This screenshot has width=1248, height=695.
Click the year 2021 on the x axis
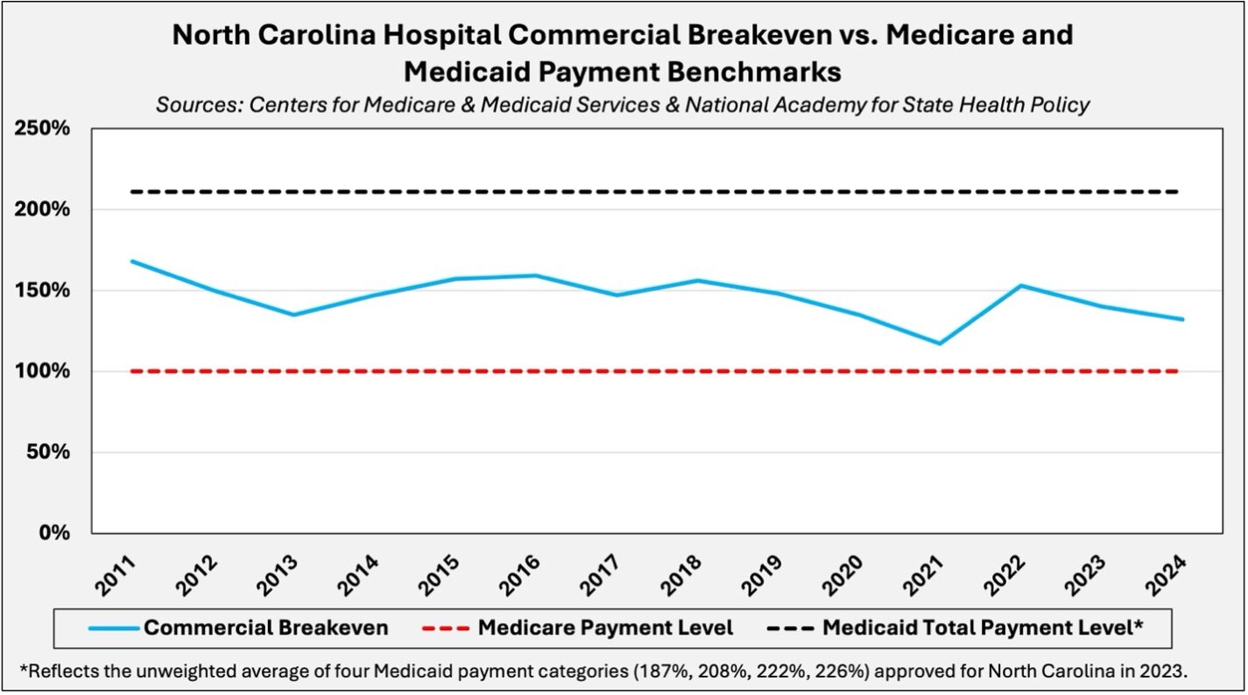click(925, 573)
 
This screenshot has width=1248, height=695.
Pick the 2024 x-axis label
click(1167, 573)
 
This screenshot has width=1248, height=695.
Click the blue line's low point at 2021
click(940, 343)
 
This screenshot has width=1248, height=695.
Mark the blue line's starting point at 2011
click(131, 261)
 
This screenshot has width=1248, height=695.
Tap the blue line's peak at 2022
click(1020, 285)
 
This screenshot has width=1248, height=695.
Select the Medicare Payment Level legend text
click(605, 628)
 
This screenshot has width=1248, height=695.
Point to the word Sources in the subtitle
click(199, 105)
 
